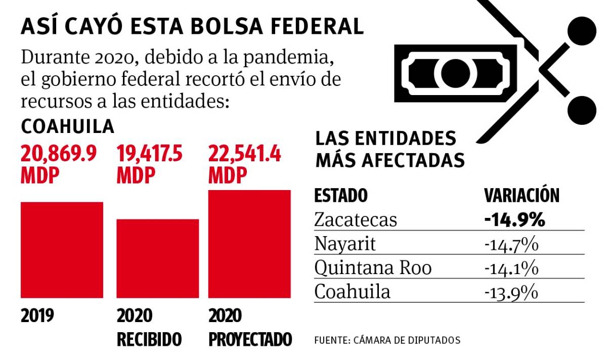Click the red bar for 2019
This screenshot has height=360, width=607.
(x=62, y=250)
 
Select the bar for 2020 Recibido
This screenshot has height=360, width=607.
(x=158, y=258)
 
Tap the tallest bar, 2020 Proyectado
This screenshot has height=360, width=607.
(x=250, y=244)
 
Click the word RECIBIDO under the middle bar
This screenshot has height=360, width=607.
(x=149, y=339)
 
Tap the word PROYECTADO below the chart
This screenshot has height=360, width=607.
(x=250, y=339)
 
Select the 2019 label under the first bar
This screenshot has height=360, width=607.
(x=37, y=316)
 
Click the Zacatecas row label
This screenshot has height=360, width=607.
(x=355, y=220)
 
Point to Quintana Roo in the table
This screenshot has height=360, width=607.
(x=373, y=268)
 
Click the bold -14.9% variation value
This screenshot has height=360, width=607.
(x=514, y=220)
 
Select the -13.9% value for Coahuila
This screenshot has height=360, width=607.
(x=510, y=293)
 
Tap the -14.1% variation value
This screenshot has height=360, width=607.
(x=510, y=268)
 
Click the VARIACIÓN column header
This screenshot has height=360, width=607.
(x=522, y=196)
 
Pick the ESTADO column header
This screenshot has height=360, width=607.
(x=340, y=196)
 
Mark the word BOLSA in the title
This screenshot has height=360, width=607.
(x=245, y=26)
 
